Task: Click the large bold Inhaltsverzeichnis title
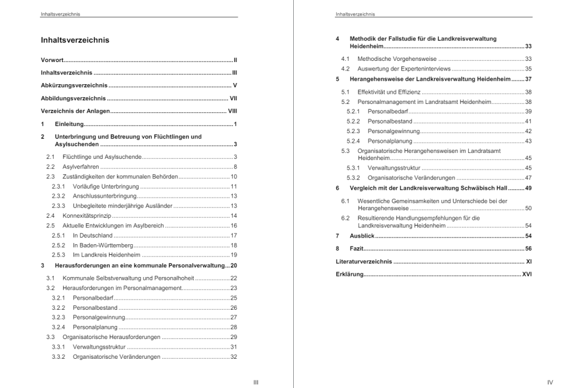tap(75, 41)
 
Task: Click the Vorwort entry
tap(53, 60)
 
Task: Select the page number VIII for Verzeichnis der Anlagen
tap(233, 111)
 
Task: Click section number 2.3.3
tap(58, 206)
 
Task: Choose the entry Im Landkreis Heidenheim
tap(110, 255)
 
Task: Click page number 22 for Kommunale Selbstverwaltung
tap(234, 278)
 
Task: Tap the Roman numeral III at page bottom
tap(256, 382)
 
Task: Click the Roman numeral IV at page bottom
tap(550, 382)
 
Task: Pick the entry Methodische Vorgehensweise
tap(396, 58)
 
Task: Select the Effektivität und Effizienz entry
tap(389, 92)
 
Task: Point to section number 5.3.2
tap(353, 178)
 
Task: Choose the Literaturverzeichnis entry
tap(364, 261)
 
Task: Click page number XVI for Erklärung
tap(527, 274)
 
